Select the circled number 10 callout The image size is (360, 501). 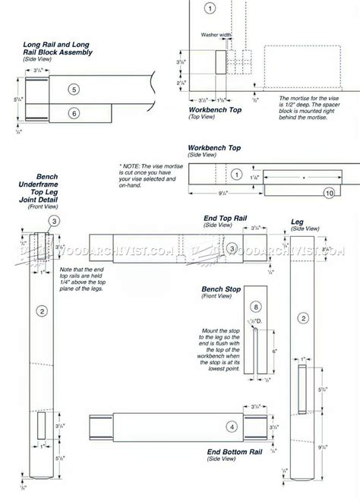point(329,193)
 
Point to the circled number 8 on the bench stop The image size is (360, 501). point(256,307)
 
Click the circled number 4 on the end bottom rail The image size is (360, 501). point(232,427)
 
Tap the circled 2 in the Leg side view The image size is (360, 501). point(303,317)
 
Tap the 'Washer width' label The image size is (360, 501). point(216,35)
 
